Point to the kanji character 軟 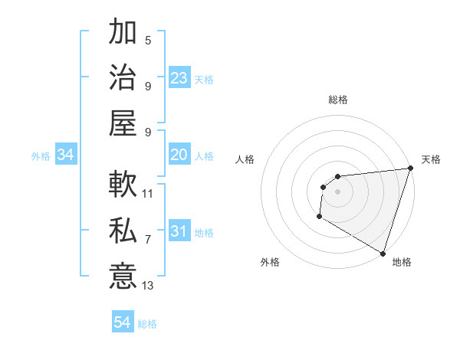tap(123, 185)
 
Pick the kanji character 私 tap(123, 231)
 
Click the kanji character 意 tap(123, 275)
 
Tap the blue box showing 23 tap(179, 77)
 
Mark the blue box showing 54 tap(123, 322)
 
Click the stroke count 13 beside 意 tap(148, 286)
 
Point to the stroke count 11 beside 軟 tap(148, 194)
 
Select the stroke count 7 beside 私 tap(148, 240)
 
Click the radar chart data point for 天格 tap(410, 169)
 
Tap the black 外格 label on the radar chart tap(270, 262)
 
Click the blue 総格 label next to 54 tap(147, 324)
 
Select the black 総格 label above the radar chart tap(337, 100)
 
